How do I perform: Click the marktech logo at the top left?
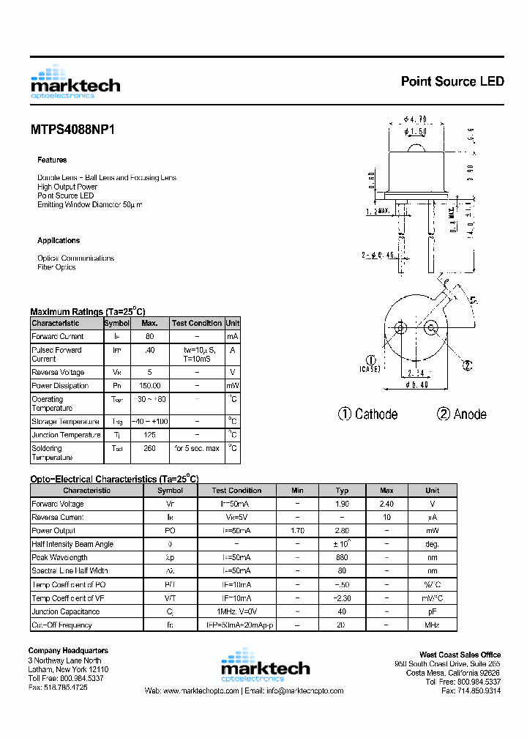(x=75, y=82)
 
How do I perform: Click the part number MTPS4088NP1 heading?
(x=72, y=129)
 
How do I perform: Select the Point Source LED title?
(x=452, y=81)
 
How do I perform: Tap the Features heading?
(x=52, y=160)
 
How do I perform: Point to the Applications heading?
(x=59, y=240)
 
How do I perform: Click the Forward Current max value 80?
(x=149, y=337)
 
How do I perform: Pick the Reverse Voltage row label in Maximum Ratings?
(x=58, y=373)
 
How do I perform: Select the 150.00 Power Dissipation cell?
(x=149, y=386)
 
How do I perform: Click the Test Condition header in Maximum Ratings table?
(x=196, y=323)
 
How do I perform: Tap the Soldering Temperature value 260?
(x=149, y=448)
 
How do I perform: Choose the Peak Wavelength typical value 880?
(x=342, y=558)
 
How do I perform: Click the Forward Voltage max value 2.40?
(x=386, y=504)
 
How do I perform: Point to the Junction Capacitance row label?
(x=66, y=611)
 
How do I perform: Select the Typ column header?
(x=342, y=491)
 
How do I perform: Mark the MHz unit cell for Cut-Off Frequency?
(x=433, y=625)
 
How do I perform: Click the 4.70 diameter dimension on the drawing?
(x=415, y=119)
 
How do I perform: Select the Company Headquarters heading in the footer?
(x=68, y=650)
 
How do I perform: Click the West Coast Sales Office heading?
(x=460, y=655)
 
